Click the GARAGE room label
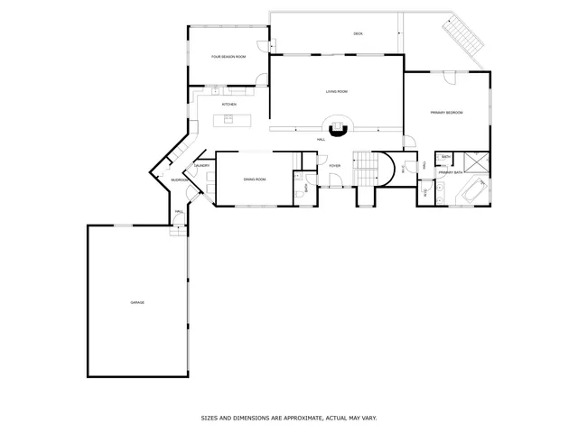tap(137, 302)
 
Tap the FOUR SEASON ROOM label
tap(228, 57)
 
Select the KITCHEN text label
tap(229, 105)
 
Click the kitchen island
tap(228, 119)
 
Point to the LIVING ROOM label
tap(337, 91)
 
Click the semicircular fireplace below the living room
tap(338, 129)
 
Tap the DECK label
tap(358, 33)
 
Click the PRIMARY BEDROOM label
tap(446, 113)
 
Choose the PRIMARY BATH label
tap(451, 171)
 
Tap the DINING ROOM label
tap(255, 180)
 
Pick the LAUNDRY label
tap(202, 166)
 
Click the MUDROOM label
tap(179, 180)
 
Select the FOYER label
tap(334, 166)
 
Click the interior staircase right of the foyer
tap(365, 164)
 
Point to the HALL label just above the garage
tap(179, 211)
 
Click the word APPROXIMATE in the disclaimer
tap(284, 419)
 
